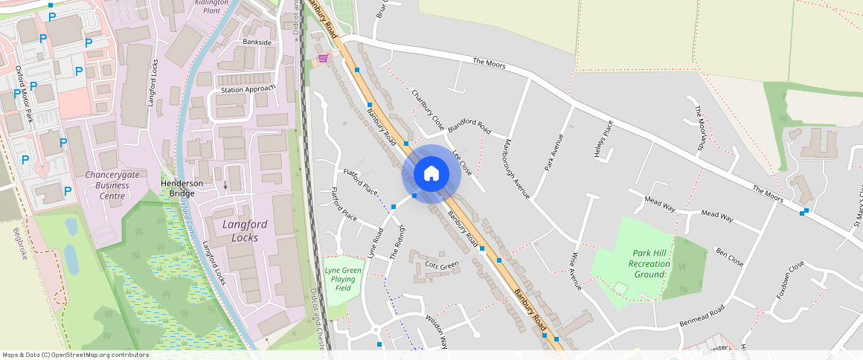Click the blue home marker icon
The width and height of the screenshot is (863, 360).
[431, 174]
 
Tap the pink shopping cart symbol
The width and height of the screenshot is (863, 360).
[323, 57]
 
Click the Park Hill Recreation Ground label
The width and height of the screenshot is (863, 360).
[649, 263]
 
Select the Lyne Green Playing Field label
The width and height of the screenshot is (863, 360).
[343, 279]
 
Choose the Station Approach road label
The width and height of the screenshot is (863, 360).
[248, 89]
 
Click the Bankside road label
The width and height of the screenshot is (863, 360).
[257, 42]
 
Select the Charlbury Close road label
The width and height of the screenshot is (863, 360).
[428, 109]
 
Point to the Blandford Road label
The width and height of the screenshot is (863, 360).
[469, 127]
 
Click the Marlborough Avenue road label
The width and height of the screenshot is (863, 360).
[516, 168]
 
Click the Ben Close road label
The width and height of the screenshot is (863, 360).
[729, 257]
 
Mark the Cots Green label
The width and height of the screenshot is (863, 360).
[442, 266]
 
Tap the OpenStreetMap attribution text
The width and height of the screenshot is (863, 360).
[75, 355]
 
